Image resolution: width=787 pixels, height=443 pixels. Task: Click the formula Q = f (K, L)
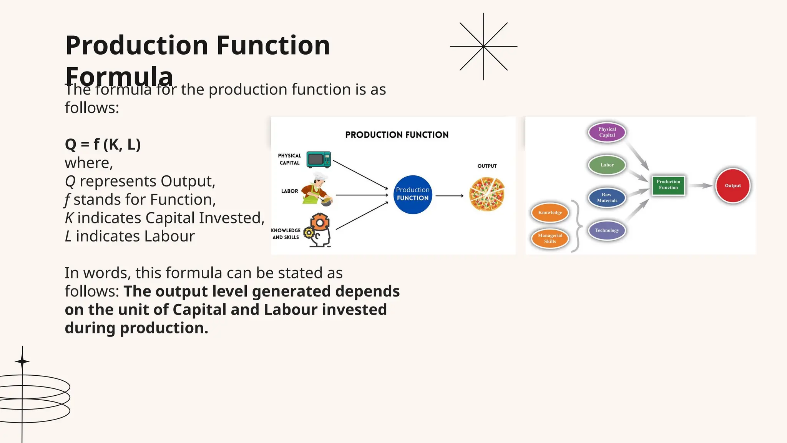pyautogui.click(x=103, y=145)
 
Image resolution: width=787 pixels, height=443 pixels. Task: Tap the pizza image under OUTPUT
pyautogui.click(x=487, y=194)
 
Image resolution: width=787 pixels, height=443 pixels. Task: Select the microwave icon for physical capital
pyautogui.click(x=319, y=160)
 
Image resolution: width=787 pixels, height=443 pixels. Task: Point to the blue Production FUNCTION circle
pyautogui.click(x=413, y=195)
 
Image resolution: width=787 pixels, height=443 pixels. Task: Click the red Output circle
pyautogui.click(x=732, y=186)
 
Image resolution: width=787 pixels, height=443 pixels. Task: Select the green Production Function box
pyautogui.click(x=668, y=185)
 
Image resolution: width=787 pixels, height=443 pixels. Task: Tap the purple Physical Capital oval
pyautogui.click(x=607, y=132)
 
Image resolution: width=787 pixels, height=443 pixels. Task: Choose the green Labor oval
pyautogui.click(x=607, y=165)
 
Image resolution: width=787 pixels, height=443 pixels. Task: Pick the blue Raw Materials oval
pyautogui.click(x=607, y=198)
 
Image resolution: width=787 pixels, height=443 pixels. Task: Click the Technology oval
pyautogui.click(x=607, y=230)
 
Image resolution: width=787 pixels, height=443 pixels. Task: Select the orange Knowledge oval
pyautogui.click(x=550, y=213)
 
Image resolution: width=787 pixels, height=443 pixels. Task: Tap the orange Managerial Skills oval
pyautogui.click(x=550, y=238)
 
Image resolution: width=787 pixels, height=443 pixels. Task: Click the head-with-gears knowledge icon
pyautogui.click(x=319, y=230)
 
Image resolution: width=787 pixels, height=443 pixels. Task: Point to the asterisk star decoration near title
pyautogui.click(x=483, y=47)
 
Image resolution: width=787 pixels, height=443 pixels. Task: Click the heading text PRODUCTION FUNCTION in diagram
pyautogui.click(x=397, y=135)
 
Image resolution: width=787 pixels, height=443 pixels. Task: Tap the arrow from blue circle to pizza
pyautogui.click(x=449, y=196)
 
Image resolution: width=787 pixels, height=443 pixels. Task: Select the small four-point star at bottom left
pyautogui.click(x=22, y=361)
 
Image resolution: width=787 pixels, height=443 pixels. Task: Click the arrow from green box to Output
pyautogui.click(x=700, y=186)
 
